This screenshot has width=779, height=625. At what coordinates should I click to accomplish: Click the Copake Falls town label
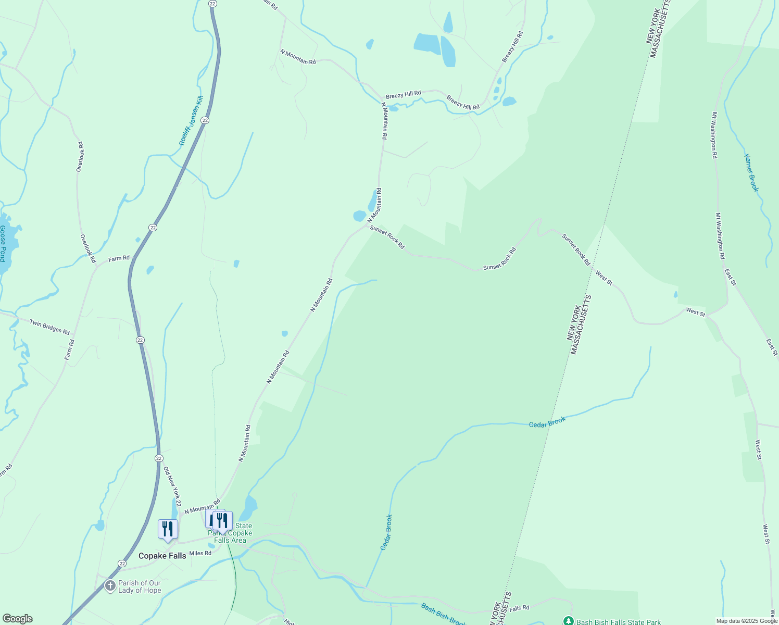point(162,556)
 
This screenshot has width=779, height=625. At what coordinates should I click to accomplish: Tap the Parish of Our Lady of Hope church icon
point(110,586)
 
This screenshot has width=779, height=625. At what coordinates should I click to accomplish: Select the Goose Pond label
point(3,243)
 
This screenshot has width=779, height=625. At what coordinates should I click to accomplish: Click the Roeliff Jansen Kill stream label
point(191,120)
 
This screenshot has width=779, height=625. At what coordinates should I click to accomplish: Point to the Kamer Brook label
point(751,173)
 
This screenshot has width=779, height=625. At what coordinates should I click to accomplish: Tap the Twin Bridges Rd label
point(49,327)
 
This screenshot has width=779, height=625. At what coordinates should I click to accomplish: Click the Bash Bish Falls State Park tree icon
point(569,621)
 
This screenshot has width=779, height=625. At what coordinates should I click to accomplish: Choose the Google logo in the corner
point(17,619)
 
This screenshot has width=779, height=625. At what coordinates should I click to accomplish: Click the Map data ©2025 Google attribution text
point(746,621)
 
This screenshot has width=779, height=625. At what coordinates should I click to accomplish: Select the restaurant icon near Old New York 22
point(168,529)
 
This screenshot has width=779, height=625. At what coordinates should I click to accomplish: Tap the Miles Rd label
point(200,553)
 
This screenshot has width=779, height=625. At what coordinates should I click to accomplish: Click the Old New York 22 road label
point(172,486)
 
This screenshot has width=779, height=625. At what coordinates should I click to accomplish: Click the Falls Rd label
point(519,608)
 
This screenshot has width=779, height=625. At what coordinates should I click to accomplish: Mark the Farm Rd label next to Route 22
point(119,258)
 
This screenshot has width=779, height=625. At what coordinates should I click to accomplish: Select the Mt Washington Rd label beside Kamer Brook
point(714,135)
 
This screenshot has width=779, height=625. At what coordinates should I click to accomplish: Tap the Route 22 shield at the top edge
point(212,3)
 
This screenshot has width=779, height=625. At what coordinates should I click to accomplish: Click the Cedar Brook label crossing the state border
point(547,422)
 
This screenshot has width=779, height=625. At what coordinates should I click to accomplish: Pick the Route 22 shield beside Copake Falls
point(122,564)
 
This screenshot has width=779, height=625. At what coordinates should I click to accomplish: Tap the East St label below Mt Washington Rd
point(730,277)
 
